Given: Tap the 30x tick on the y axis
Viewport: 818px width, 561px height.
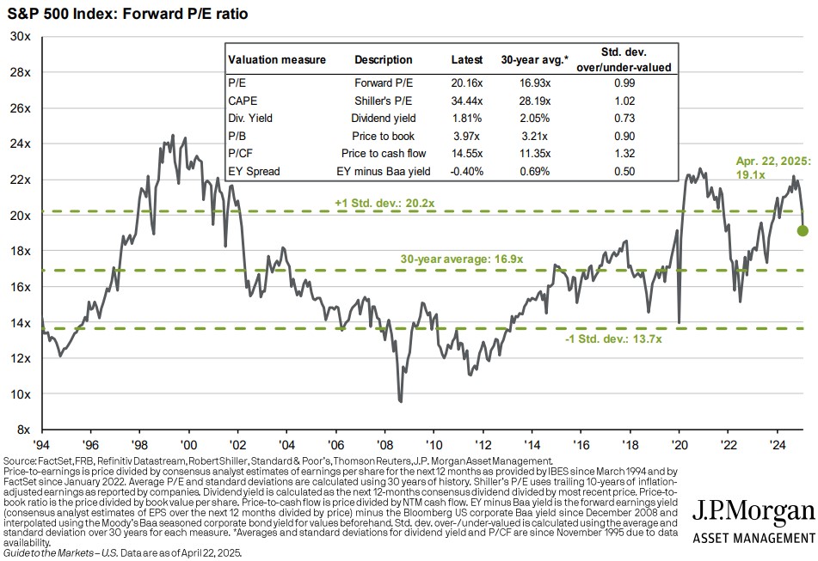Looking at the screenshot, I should point(21,36).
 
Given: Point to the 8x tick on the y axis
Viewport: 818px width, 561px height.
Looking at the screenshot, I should point(23,430).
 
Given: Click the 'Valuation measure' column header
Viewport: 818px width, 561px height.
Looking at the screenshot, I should point(276,60).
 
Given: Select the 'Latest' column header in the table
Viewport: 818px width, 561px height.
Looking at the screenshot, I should point(468,60).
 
